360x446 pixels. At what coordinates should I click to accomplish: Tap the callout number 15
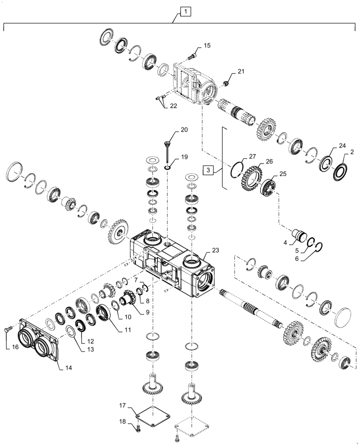point(207,45)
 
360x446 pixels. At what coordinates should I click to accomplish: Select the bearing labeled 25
point(268,186)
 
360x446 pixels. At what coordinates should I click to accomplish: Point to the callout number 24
point(342,146)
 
